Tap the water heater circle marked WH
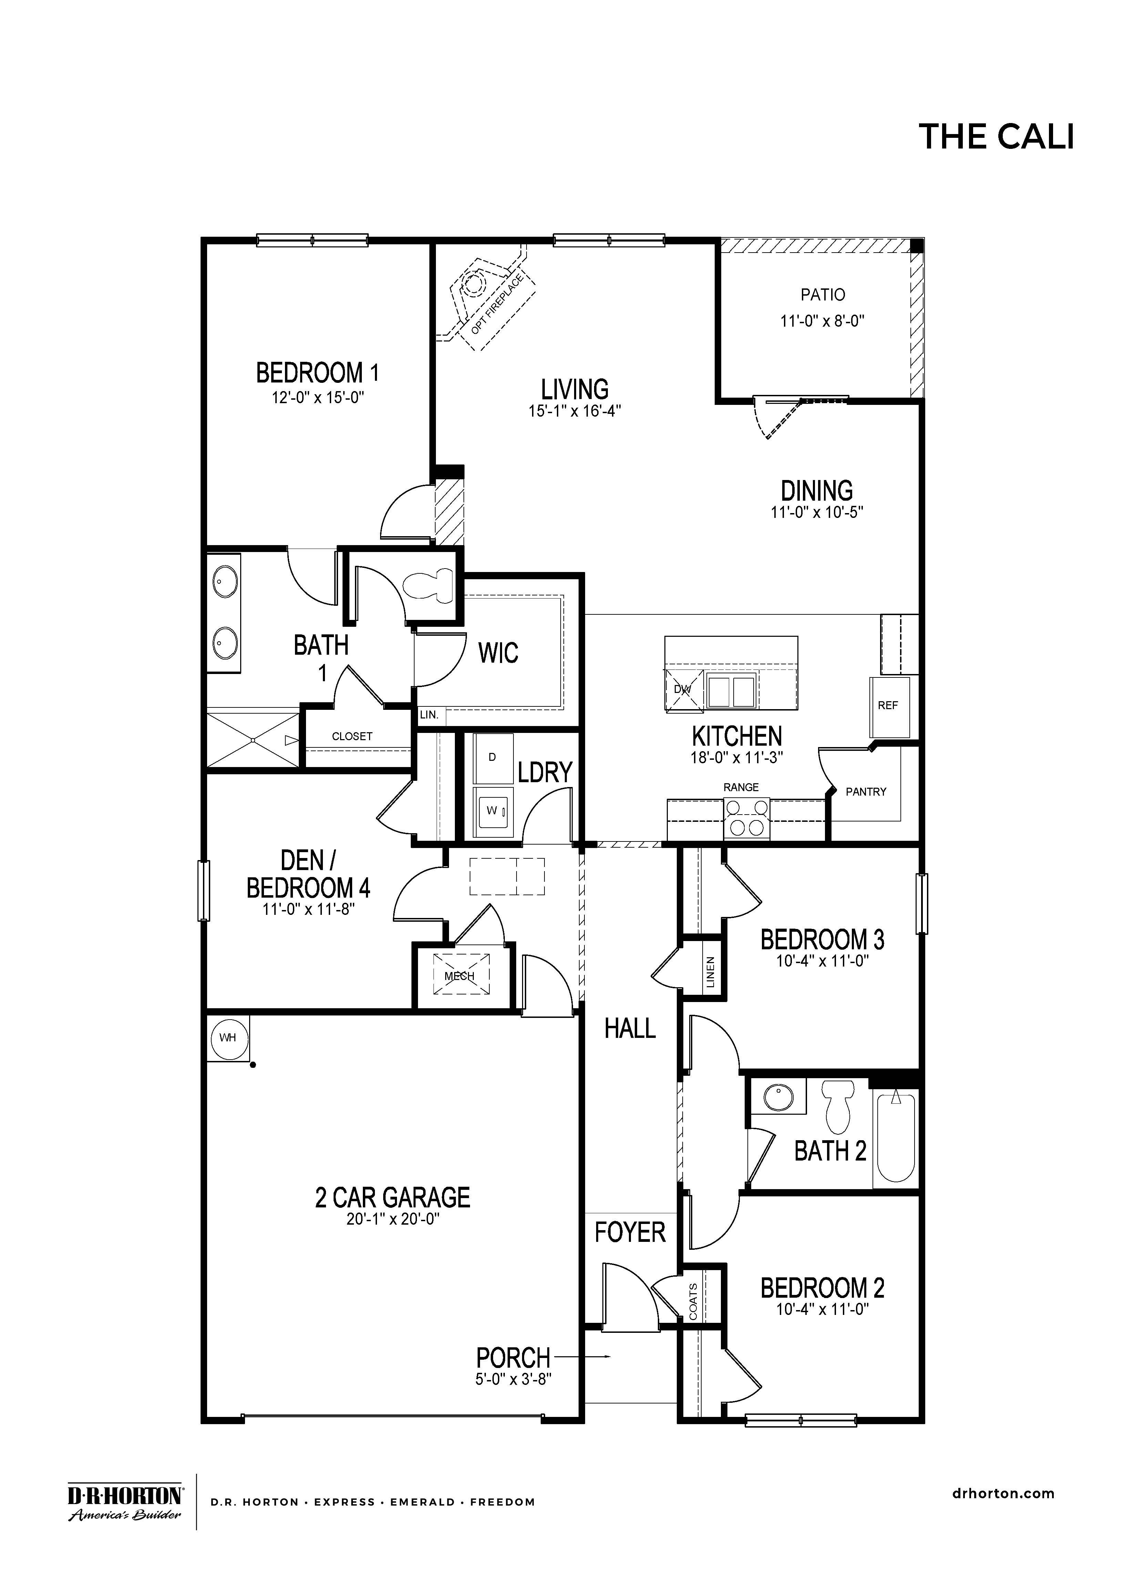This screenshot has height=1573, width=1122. pos(228,1038)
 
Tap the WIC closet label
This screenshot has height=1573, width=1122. pos(498,652)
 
